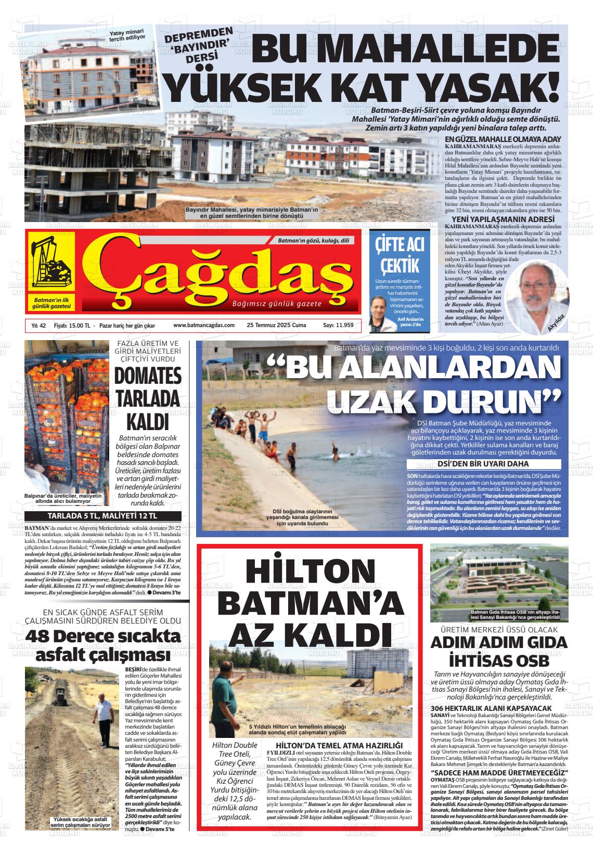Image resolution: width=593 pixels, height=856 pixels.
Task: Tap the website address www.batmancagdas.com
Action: pyautogui.click(x=204, y=326)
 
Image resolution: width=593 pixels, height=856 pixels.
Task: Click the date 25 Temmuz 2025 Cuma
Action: pyautogui.click(x=276, y=326)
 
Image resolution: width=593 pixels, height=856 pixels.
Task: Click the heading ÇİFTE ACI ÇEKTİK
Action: pyautogui.click(x=399, y=255)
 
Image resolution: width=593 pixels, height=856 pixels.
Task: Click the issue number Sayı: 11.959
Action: pyautogui.click(x=338, y=326)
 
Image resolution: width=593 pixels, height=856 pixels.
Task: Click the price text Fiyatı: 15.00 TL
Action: pyautogui.click(x=72, y=326)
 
